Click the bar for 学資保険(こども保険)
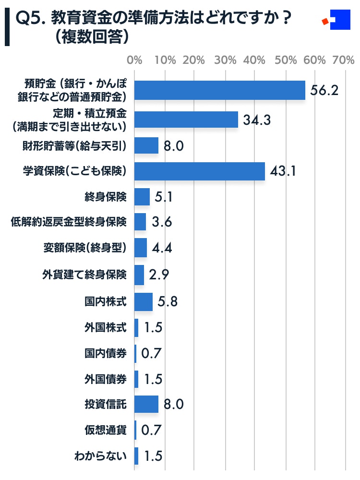point(200,171)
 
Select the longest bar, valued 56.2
point(220,90)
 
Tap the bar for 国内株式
point(144,302)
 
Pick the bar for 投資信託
point(146,404)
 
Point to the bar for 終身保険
point(142,197)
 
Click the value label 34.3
point(257,120)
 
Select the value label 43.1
point(282,172)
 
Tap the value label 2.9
point(159,275)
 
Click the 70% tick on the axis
point(344,61)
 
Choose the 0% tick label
point(134,61)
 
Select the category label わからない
point(100,456)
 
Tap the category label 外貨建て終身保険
point(84,275)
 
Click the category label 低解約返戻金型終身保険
point(69,222)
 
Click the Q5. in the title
point(29,19)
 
